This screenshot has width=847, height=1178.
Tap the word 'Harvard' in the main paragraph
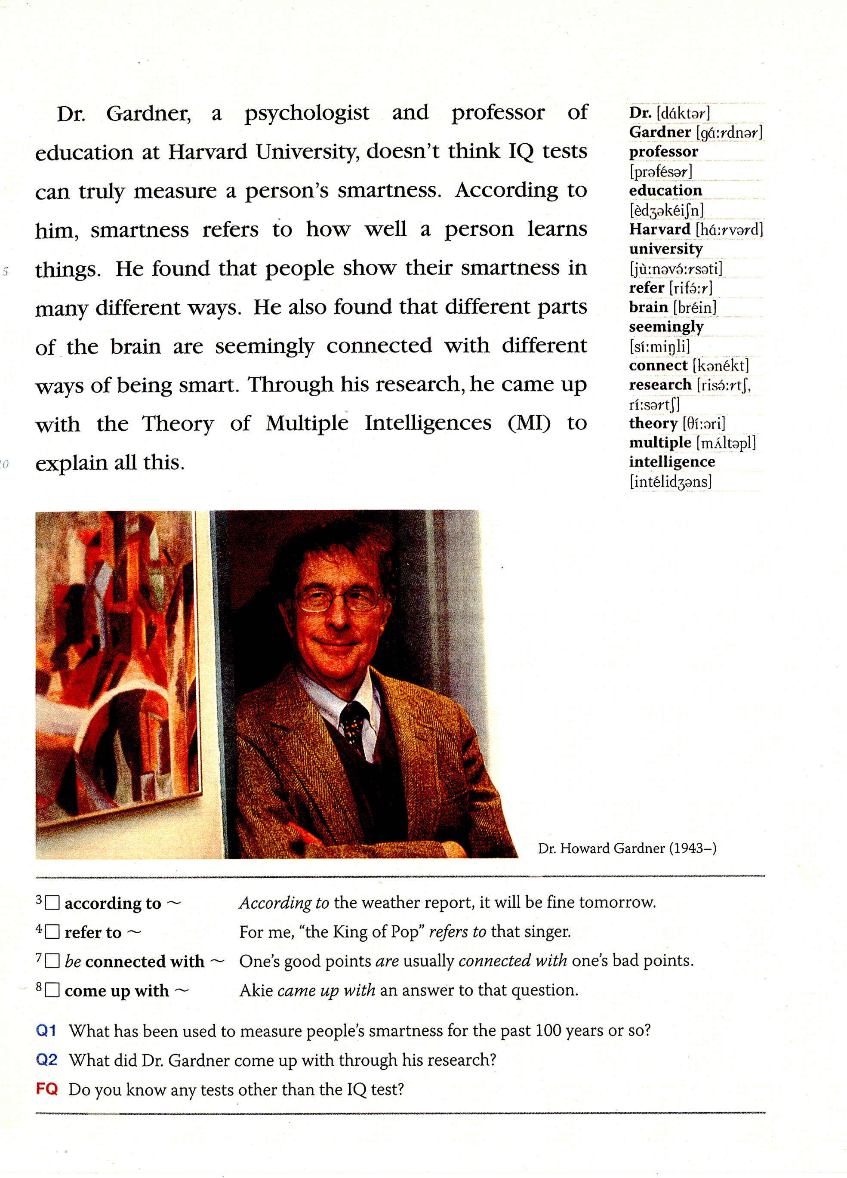coord(207,152)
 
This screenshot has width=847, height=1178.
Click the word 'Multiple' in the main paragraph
coord(307,424)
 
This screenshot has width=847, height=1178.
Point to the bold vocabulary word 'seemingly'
coord(666,327)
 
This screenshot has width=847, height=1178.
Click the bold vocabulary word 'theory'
coord(653,423)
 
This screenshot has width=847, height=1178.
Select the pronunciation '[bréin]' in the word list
coord(694,308)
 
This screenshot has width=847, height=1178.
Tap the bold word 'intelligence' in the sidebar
coord(671,462)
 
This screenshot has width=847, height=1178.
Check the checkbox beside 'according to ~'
coord(52,903)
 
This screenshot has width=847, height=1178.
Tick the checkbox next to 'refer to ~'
coord(52,932)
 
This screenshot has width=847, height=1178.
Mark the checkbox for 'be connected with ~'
coord(52,961)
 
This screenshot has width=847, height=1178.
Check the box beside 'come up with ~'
coord(52,990)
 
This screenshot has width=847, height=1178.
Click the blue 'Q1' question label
coord(46,1030)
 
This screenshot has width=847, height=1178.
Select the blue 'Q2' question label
coord(46,1059)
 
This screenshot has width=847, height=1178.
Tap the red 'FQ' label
coord(46,1088)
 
